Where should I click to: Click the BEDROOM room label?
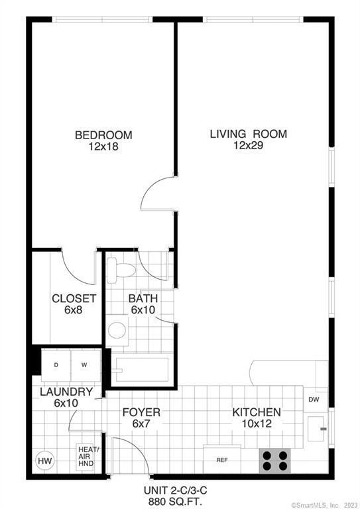click(103, 135)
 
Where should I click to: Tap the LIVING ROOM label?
click(248, 134)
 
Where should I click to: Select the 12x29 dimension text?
click(248, 146)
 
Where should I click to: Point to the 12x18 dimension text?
click(103, 146)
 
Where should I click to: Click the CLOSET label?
click(74, 298)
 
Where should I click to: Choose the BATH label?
click(143, 298)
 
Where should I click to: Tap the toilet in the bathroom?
click(121, 268)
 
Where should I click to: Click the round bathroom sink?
click(118, 329)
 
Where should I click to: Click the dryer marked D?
click(56, 365)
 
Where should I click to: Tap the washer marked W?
click(85, 365)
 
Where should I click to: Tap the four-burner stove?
click(275, 459)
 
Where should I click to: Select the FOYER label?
click(141, 412)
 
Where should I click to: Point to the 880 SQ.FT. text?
click(171, 502)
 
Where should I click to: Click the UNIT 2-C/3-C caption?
click(171, 490)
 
